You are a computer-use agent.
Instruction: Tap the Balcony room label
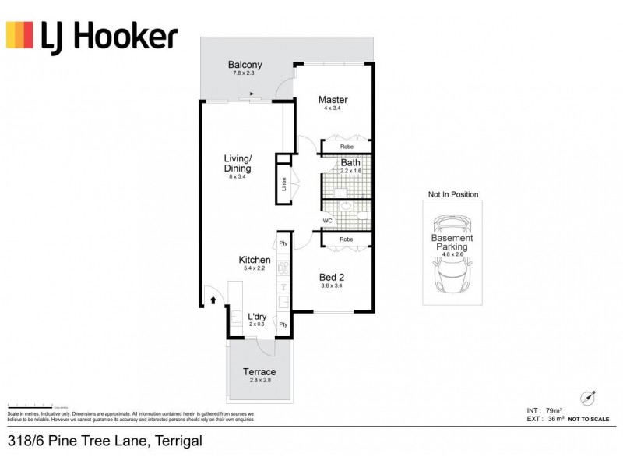245,65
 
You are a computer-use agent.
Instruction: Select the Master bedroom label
333,100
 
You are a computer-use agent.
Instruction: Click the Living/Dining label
238,163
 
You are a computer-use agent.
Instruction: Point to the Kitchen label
254,260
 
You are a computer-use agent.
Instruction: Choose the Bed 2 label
333,276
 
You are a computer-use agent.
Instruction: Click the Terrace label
259,372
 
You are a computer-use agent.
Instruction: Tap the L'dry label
257,317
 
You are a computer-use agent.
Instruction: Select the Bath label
350,162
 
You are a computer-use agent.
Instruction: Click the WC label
328,221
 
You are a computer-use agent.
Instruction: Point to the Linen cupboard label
285,185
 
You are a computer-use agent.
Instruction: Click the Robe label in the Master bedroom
347,146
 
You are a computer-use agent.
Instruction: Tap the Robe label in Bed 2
347,239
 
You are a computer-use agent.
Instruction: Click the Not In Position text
452,194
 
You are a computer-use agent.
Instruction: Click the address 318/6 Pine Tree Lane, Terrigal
104,441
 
